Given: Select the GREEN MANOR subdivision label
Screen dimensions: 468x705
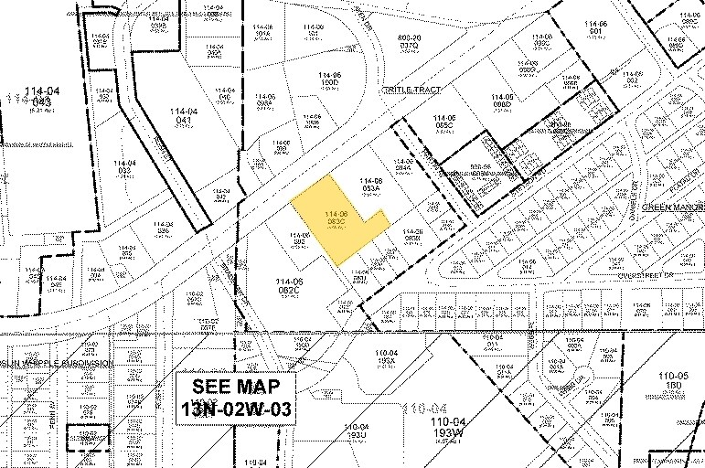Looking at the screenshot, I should coord(672,207).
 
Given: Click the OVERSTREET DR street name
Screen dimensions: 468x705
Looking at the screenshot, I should coord(646,273).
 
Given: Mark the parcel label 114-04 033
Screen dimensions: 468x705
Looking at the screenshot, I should coord(124,167).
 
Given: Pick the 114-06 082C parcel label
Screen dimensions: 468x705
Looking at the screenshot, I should coord(291,285).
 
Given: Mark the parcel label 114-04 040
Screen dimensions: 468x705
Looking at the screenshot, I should coord(224,94).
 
